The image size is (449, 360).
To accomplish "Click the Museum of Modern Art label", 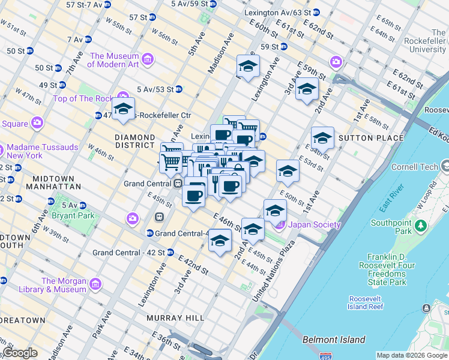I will point(114,60).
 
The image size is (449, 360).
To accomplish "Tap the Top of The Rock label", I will point(83,98).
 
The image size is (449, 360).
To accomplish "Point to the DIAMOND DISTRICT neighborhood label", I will point(135,141).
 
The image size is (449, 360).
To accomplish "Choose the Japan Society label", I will point(306,225).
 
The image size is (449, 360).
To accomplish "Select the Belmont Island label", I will point(334,340).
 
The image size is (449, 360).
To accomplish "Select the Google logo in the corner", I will point(20,353).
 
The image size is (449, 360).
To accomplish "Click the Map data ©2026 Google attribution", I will point(412,355).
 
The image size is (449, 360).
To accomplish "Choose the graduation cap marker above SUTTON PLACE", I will point(322,139).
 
